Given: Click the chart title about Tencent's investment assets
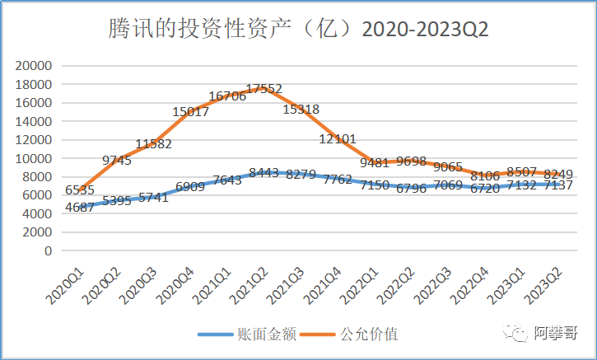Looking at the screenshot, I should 299,30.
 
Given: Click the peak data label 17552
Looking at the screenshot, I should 264,89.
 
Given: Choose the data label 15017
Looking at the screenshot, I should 188,112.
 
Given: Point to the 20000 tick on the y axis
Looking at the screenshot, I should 35,65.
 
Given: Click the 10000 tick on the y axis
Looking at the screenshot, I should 35,158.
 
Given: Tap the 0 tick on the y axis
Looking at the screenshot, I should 49,250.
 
